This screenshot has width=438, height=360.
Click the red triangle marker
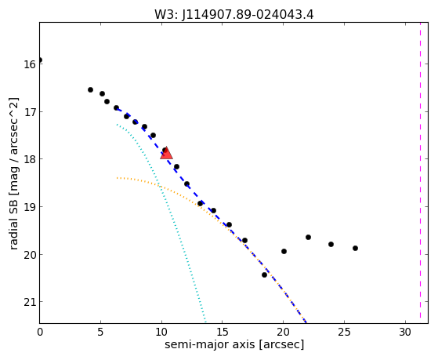pos(166,153)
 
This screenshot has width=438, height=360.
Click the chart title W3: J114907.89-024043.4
pos(234,14)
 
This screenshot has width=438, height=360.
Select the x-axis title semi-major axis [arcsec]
pos(234,344)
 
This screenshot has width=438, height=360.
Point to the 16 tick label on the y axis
pos(29,64)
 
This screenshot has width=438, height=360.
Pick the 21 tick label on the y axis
pos(29,302)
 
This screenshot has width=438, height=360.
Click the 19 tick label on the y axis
pos(29,207)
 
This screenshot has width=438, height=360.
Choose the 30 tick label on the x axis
pos(405,332)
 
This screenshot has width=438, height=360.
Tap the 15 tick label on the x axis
pos(223,332)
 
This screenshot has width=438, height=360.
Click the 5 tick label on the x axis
pos(100,332)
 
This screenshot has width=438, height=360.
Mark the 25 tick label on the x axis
pos(344,332)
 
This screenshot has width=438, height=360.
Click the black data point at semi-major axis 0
pos(40,60)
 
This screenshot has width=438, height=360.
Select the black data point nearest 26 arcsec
pos(355,248)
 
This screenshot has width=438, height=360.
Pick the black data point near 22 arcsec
pos(309,237)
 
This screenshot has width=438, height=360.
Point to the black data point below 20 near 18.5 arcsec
pos(265,275)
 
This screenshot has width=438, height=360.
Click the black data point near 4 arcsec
pos(91,89)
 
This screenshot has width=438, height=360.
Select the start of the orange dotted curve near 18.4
pos(118,177)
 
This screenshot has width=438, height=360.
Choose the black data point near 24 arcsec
pos(331,244)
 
